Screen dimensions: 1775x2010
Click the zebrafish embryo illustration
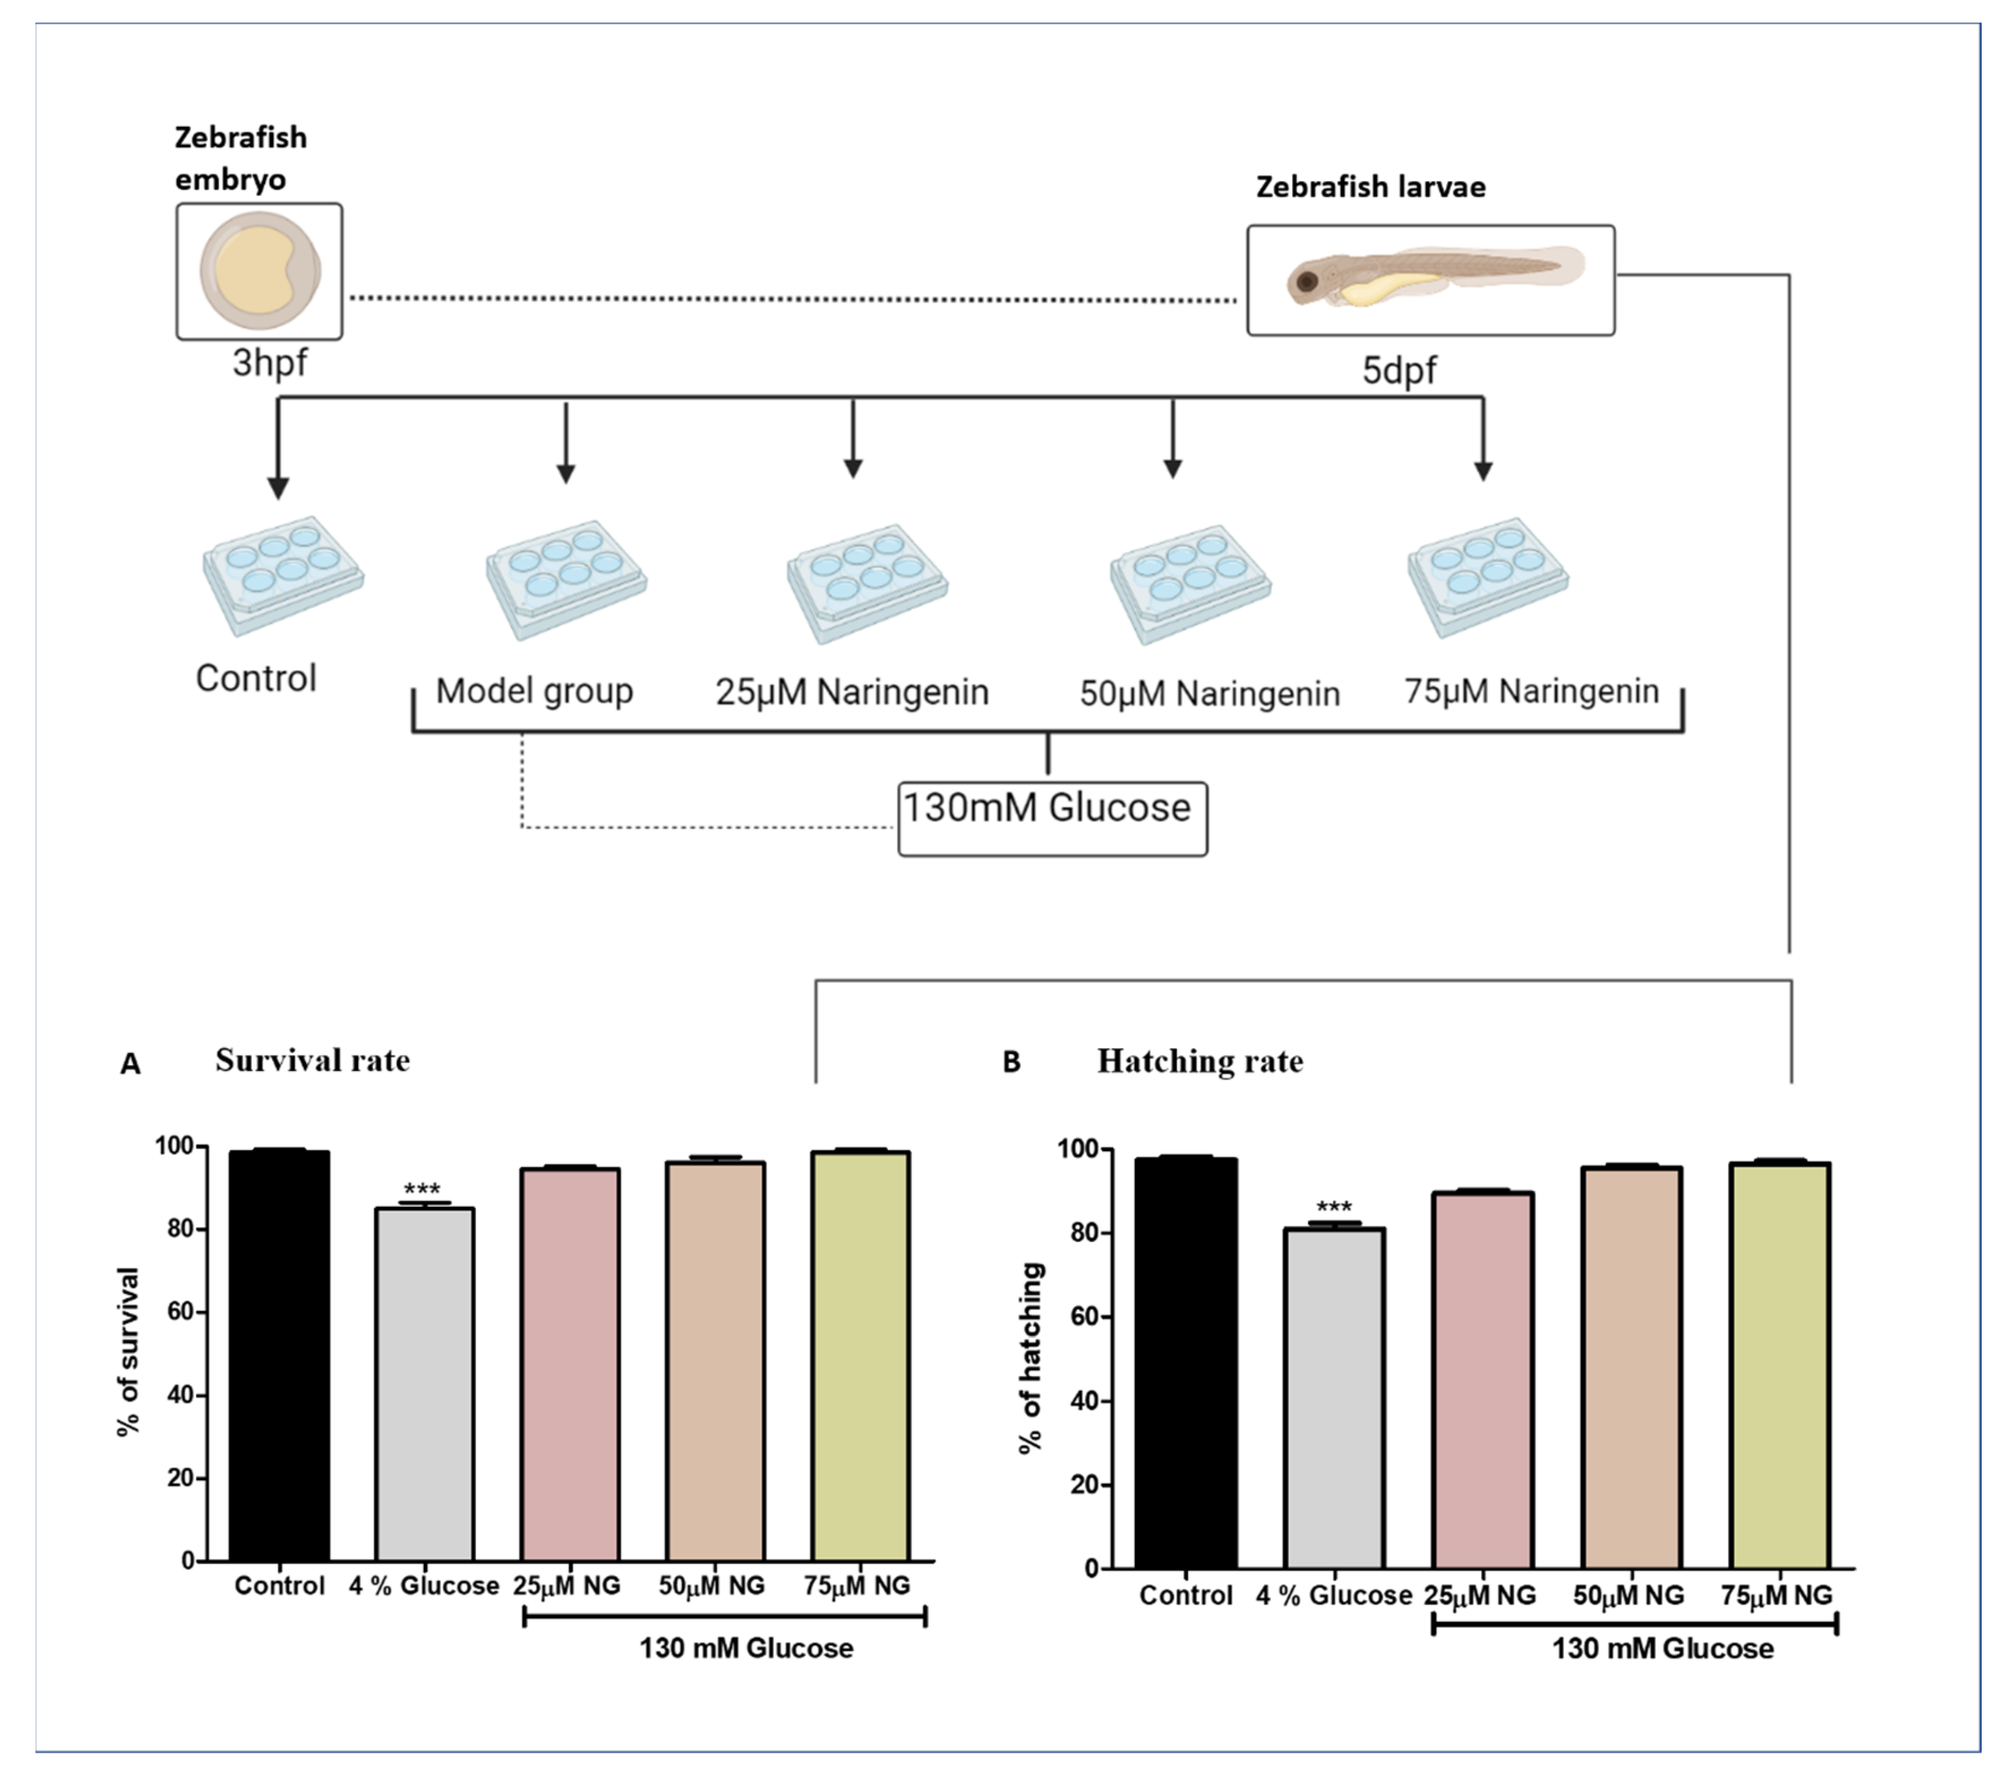pyautogui.click(x=260, y=271)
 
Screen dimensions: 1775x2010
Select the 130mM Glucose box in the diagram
pyautogui.click(x=1051, y=817)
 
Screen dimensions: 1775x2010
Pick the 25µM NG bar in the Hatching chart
pyautogui.click(x=1482, y=1380)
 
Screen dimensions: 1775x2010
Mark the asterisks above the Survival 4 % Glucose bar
pyautogui.click(x=422, y=1189)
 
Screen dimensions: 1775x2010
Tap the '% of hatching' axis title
pyautogui.click(x=1031, y=1357)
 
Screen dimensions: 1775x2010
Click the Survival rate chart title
pyautogui.click(x=312, y=1060)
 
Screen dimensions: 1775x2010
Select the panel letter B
pyautogui.click(x=1011, y=1062)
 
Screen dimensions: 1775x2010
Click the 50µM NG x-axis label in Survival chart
pyautogui.click(x=711, y=1585)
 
